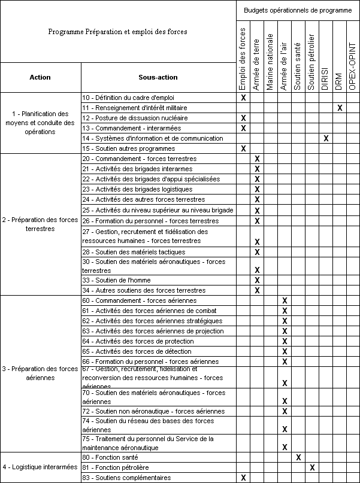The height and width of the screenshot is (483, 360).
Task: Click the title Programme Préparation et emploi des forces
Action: [117, 32]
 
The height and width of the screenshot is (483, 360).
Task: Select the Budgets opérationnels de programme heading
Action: [298, 10]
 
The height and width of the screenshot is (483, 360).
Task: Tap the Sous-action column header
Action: [158, 77]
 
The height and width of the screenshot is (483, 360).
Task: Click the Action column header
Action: [40, 77]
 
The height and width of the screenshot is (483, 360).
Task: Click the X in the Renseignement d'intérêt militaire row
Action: [340, 108]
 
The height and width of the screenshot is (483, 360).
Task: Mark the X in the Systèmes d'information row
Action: [326, 138]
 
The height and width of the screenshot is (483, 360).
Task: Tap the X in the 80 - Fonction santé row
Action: [298, 457]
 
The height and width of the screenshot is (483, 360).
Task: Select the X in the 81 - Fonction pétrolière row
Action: [312, 467]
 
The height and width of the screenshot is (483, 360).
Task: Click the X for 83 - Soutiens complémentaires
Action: [243, 478]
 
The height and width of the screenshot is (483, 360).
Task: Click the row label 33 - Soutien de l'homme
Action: [116, 280]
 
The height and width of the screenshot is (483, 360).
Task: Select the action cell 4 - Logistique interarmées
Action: [40, 467]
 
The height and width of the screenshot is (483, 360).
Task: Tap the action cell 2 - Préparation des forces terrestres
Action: [40, 224]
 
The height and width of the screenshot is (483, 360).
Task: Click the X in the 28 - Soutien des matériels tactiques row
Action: [257, 253]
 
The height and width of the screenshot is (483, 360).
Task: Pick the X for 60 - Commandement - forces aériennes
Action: [285, 300]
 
